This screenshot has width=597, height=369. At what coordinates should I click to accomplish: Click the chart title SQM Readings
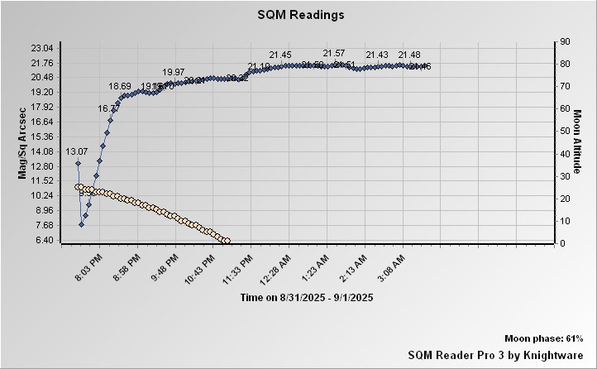301,15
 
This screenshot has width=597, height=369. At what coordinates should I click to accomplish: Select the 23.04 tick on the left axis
41,48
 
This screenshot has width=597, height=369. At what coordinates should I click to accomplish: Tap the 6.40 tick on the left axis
41,240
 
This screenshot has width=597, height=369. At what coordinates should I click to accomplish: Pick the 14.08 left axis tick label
41,151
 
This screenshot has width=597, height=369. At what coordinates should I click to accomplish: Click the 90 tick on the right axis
566,41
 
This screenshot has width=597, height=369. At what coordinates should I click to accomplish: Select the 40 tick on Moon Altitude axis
566,154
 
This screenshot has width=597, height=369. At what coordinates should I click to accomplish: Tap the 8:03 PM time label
88,268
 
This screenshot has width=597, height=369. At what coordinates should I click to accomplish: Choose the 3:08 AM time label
390,268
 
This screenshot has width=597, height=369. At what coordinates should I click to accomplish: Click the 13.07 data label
76,151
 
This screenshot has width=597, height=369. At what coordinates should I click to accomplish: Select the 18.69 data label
120,86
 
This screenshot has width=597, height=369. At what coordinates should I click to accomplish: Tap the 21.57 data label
334,53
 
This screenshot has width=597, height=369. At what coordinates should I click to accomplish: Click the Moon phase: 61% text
544,339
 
